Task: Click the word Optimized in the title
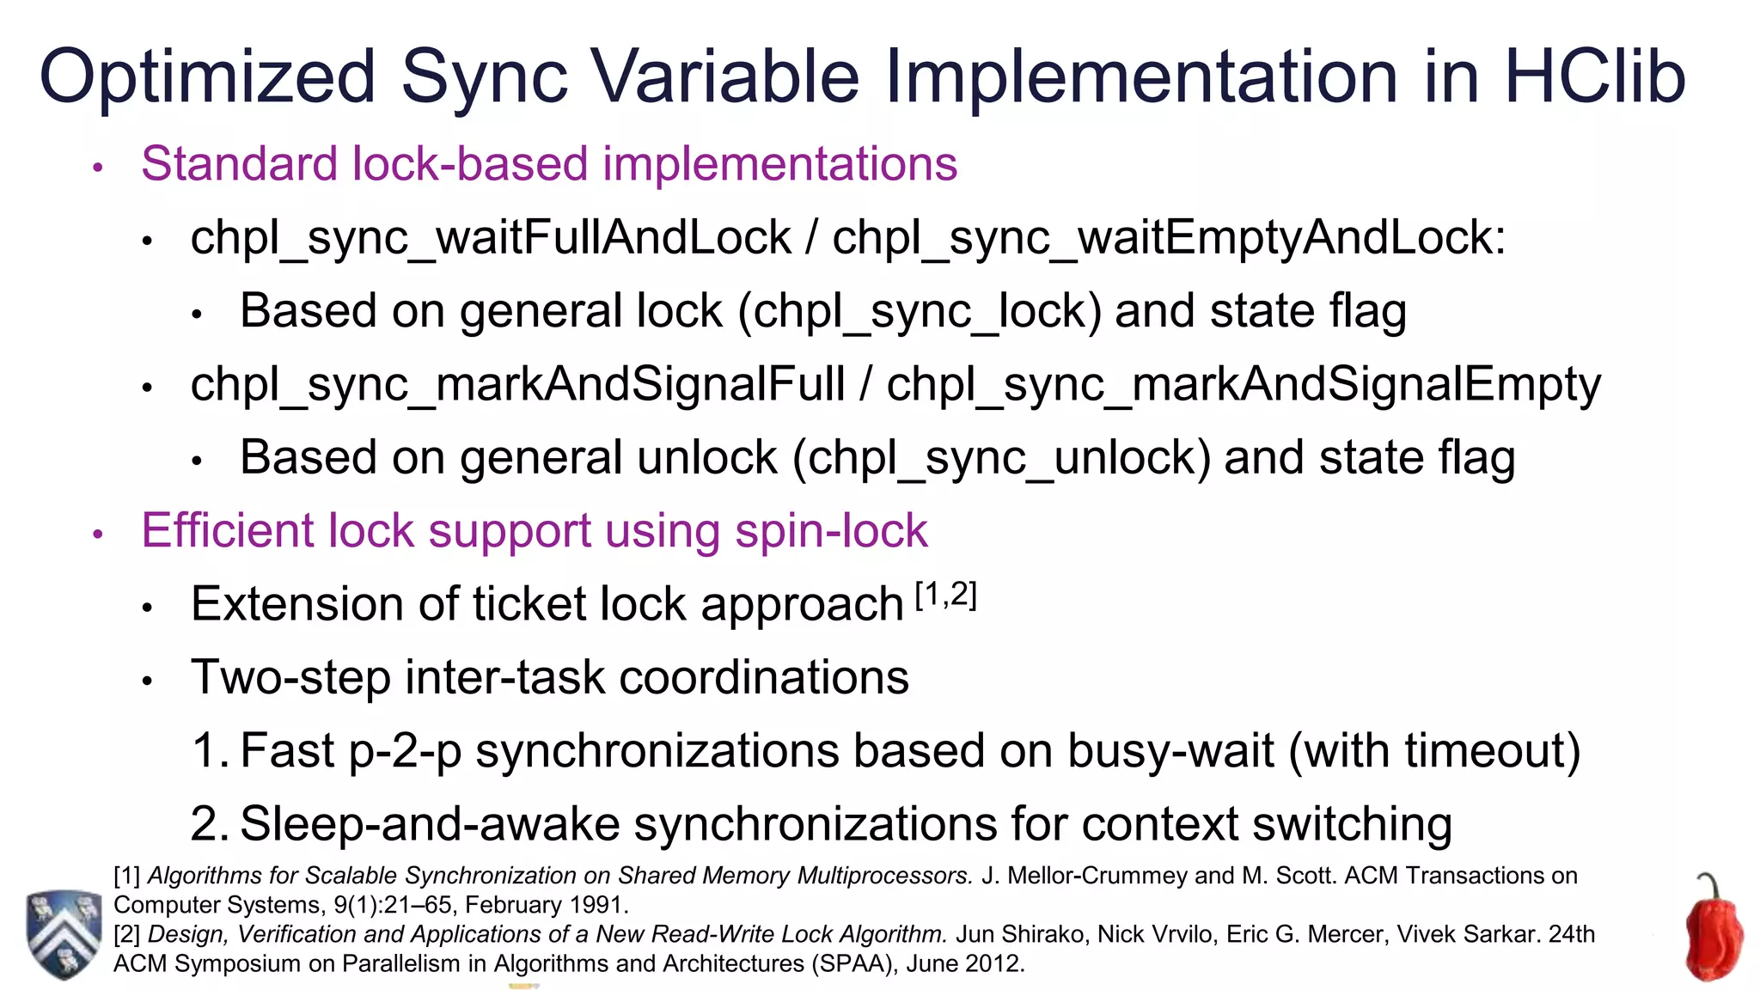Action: (x=208, y=77)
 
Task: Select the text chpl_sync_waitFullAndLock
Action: (x=491, y=238)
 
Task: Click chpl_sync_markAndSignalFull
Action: (x=517, y=384)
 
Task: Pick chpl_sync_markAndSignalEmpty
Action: (x=1244, y=384)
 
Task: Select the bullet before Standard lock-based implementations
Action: (x=98, y=167)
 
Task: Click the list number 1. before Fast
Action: (x=209, y=750)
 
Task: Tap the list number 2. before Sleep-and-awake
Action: (x=209, y=823)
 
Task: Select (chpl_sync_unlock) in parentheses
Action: (x=1001, y=457)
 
